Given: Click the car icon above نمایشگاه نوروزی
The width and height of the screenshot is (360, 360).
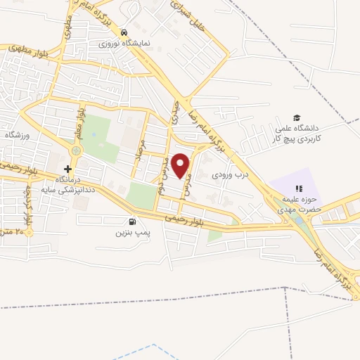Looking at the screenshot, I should pos(124,33).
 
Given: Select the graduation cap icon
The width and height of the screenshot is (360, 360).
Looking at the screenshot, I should pos(297,118).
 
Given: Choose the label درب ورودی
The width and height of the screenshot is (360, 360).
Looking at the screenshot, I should pos(232,172).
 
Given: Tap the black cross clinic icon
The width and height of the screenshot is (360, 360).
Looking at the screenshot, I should pos(67,169).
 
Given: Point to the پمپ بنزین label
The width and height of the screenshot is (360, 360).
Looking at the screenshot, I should pos(113,231).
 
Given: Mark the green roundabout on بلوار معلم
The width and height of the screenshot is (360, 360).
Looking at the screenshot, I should pos(76,150).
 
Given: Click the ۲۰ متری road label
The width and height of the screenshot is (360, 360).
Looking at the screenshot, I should pos(15,231).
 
